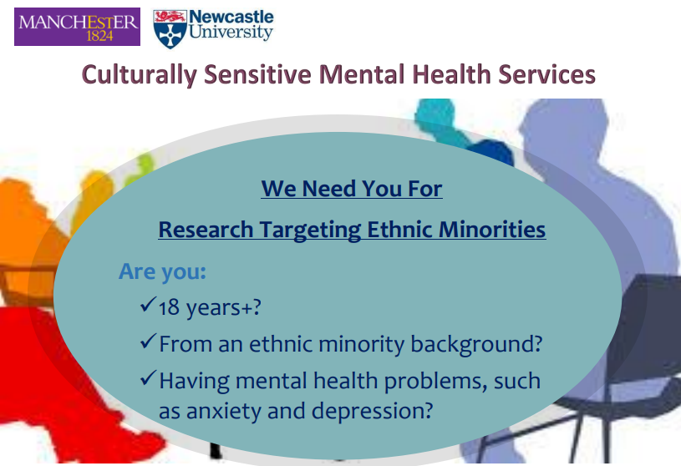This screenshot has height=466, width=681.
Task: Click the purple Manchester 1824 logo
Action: (78, 27)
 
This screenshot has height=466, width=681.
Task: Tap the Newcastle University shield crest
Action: (170, 28)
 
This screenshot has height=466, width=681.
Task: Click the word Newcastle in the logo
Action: (231, 17)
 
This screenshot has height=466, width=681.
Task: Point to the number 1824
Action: (100, 36)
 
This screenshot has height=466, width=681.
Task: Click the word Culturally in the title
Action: (140, 74)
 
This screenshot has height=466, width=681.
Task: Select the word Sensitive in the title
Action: (257, 73)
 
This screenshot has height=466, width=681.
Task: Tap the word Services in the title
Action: (546, 73)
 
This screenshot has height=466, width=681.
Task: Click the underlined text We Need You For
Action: (352, 189)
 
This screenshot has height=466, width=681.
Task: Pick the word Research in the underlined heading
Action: (206, 230)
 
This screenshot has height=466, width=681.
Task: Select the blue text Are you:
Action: (162, 272)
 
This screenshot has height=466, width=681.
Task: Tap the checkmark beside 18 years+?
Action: (148, 304)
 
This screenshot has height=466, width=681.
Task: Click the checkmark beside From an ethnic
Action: (148, 341)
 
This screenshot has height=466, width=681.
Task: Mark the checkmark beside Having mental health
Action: (148, 377)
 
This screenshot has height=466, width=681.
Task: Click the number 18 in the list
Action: (169, 307)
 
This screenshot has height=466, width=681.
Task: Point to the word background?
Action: (476, 344)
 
